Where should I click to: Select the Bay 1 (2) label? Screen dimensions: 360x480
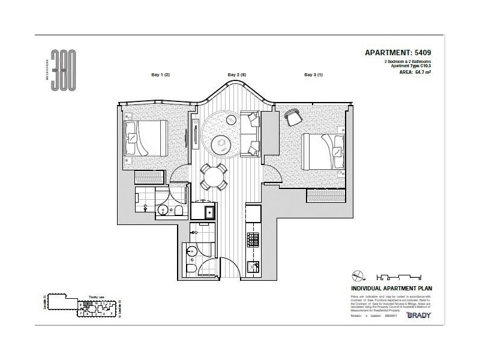click(160, 75)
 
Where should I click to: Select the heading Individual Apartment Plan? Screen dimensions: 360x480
click(391, 288)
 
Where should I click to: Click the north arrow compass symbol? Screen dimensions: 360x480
click(358, 277)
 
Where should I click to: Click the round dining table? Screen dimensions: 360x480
click(214, 176)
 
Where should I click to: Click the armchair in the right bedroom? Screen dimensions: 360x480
click(293, 118)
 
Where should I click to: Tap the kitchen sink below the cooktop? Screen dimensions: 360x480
click(254, 268)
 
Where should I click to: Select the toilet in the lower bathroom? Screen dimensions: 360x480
click(190, 270)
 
